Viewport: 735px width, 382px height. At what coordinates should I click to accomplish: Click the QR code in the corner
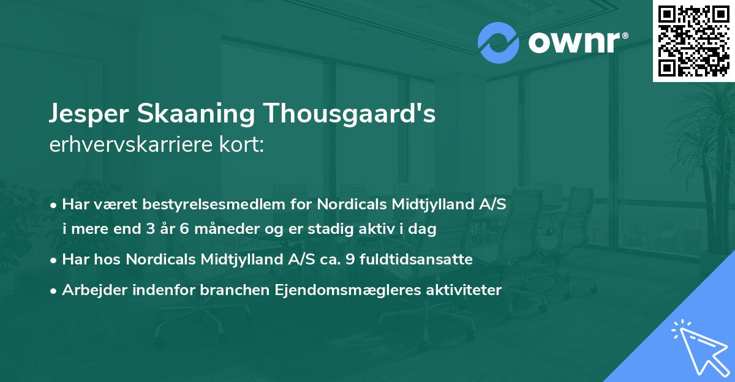coord(693,41)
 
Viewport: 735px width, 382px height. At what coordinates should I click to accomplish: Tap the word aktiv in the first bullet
coord(365,230)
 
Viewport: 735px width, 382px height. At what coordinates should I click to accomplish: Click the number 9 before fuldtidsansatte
coord(350,260)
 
